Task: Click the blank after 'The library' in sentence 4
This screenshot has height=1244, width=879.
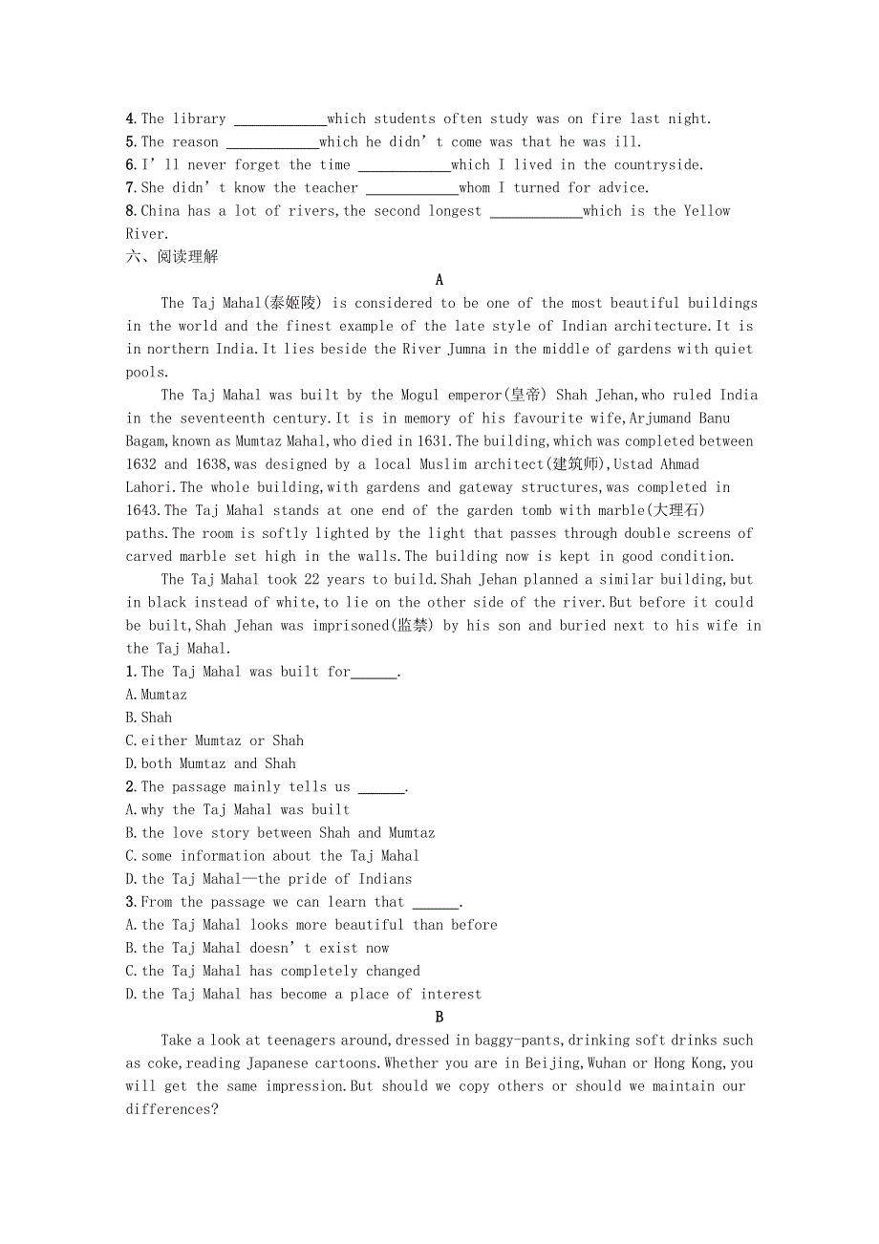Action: [280, 120]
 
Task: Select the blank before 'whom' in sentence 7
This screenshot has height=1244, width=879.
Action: [412, 189]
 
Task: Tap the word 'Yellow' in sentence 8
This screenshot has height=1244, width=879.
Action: [707, 211]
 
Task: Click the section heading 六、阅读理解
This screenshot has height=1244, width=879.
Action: [172, 257]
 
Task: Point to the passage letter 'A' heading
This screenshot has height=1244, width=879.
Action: [439, 280]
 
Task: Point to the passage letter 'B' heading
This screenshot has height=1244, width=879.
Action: [439, 1018]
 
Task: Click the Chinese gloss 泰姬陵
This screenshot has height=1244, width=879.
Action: [295, 303]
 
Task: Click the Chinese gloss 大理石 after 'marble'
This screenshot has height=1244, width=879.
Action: [677, 510]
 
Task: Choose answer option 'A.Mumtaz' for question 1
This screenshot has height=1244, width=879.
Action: [157, 695]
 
